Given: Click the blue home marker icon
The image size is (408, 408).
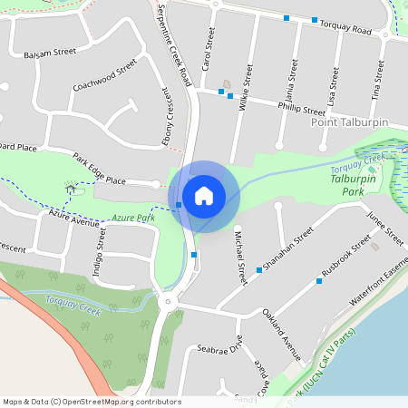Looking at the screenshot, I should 204,195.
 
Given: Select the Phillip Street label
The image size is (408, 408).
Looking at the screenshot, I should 301,108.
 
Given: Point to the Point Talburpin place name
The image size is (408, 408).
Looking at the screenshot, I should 349,121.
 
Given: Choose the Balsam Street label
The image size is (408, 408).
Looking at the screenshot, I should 51,54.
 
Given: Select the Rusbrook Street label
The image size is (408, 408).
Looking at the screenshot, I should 347,259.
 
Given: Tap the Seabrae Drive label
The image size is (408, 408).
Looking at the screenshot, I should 219,348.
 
